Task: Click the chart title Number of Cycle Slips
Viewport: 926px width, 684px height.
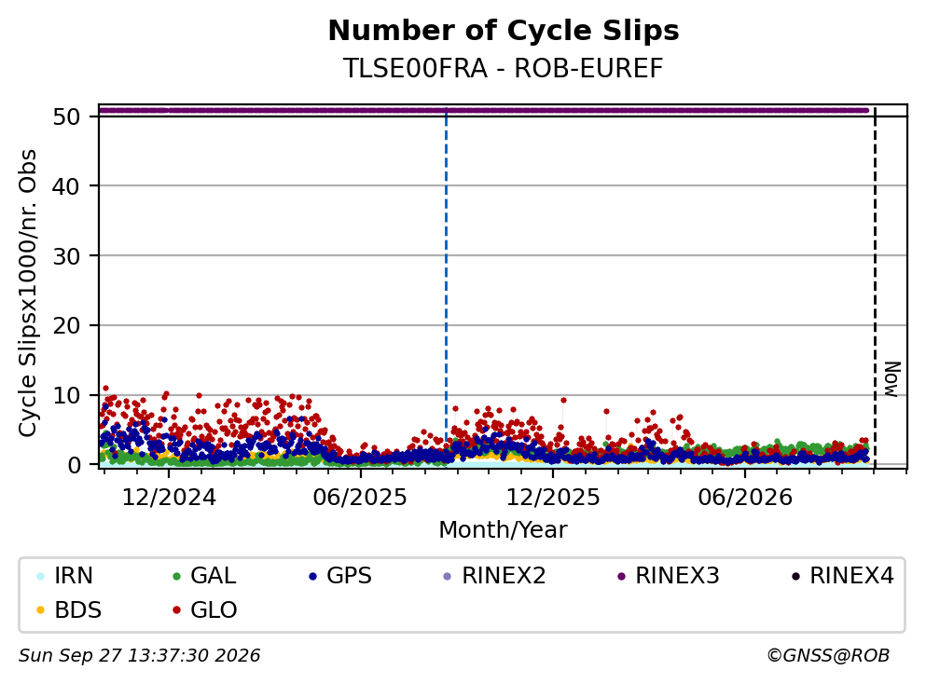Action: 504,31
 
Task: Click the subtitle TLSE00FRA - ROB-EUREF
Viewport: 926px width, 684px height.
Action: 504,68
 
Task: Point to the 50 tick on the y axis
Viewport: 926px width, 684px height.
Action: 67,116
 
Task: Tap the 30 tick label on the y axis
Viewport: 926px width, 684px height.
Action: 67,256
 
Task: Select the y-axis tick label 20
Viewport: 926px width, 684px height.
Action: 67,326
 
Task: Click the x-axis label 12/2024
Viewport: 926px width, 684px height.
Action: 169,498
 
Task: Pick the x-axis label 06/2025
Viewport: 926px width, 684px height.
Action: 360,498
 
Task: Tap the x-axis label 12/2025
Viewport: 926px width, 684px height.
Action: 553,498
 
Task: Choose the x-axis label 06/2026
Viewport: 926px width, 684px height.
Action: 745,498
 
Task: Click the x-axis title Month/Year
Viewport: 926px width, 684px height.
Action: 504,530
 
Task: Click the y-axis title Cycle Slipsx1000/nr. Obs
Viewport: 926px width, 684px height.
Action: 28,294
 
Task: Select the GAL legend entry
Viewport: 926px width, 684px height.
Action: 203,575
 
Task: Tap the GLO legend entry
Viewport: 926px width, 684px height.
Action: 204,609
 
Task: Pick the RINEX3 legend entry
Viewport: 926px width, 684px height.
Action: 668,575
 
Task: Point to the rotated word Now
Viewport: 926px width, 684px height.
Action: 891,379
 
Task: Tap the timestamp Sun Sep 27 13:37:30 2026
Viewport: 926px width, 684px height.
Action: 139,656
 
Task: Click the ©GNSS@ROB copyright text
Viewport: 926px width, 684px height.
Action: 828,656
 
